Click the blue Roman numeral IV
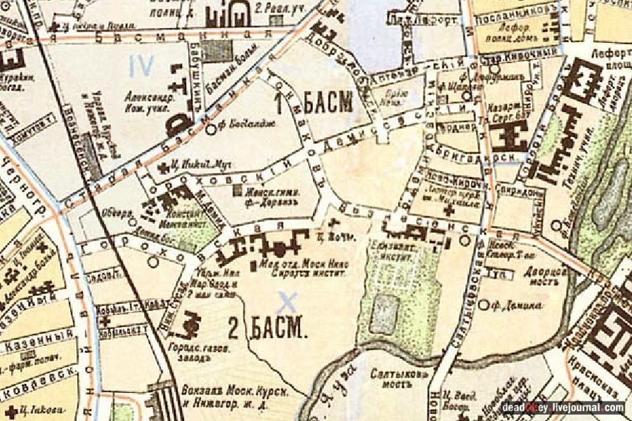point(142,66)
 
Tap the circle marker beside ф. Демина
point(483,305)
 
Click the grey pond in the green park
point(384,309)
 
